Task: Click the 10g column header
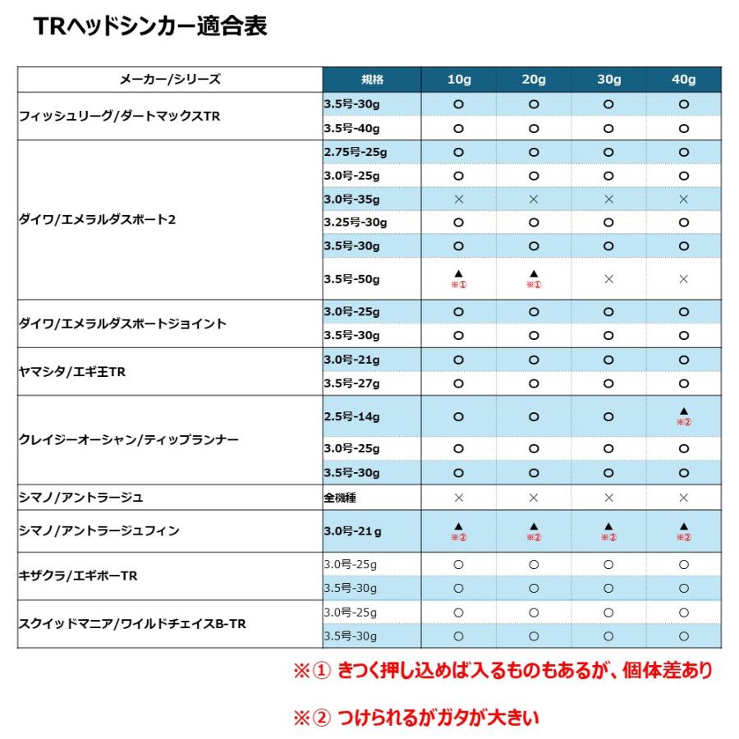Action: pos(458,80)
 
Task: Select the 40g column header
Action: pos(683,80)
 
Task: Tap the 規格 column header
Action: pos(372,80)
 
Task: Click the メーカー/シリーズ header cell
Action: pos(170,80)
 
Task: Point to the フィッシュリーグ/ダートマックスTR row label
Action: pos(120,117)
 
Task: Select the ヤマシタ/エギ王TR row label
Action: pos(72,371)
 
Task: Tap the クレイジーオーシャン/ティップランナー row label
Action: pos(129,440)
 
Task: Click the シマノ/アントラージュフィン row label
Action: pos(99,531)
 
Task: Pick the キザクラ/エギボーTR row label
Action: pos(78,576)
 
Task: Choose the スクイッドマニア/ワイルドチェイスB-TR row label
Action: pos(132,624)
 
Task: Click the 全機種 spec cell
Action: pos(341,498)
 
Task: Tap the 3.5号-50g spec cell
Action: pos(352,279)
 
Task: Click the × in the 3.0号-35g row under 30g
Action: pos(608,199)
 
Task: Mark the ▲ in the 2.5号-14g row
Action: pos(683,411)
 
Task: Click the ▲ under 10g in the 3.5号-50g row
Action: pos(458,273)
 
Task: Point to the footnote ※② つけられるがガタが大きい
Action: pos(416,718)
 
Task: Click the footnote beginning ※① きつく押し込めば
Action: pos(503,671)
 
